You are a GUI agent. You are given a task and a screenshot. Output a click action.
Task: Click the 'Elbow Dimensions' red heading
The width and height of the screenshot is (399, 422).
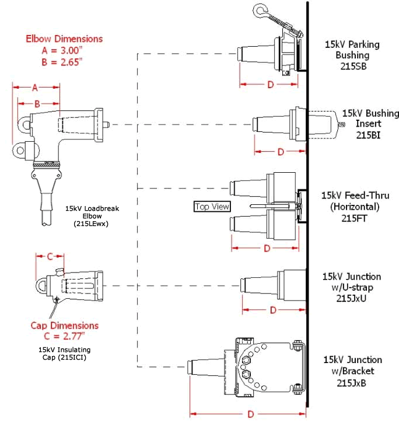pyautogui.click(x=64, y=39)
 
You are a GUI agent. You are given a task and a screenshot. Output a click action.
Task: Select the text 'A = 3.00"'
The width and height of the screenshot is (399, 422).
pyautogui.click(x=64, y=50)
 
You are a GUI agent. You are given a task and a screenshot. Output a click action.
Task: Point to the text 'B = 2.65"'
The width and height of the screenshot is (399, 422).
pyautogui.click(x=64, y=61)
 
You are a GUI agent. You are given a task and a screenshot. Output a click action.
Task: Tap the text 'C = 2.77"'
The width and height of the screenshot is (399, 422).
pyautogui.click(x=64, y=336)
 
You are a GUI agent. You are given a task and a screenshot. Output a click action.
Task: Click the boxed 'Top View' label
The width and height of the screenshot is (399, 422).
pyautogui.click(x=212, y=207)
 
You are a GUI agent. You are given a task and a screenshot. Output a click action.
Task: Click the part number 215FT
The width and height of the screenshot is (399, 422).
pyautogui.click(x=355, y=218)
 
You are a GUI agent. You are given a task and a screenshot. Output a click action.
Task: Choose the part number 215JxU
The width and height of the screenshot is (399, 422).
pyautogui.click(x=356, y=298)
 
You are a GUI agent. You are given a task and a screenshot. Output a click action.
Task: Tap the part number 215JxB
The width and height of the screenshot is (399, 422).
pyautogui.click(x=356, y=382)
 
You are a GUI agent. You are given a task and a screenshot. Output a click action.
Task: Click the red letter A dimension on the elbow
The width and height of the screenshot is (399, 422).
pyautogui.click(x=35, y=88)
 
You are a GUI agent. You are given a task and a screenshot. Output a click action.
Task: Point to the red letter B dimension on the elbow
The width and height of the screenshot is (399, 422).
pyautogui.click(x=37, y=103)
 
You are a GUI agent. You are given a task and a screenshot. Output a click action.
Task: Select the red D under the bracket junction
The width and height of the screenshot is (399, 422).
pyautogui.click(x=250, y=414)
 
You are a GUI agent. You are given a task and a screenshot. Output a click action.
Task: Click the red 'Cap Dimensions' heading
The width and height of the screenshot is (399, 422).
pyautogui.click(x=64, y=325)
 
